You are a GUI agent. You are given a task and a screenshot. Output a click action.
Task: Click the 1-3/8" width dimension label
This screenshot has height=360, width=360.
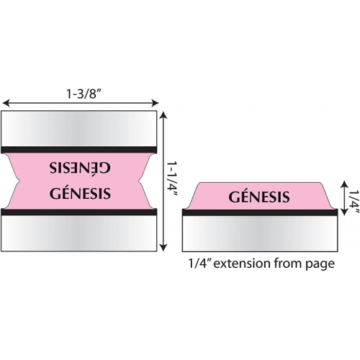point(83,94)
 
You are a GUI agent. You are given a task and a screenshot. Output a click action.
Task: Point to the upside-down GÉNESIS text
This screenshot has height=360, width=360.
point(80,168)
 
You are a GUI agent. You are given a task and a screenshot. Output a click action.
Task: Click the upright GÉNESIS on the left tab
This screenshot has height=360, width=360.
point(80,193)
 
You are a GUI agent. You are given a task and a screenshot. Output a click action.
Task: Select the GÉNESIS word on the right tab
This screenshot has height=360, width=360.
point(259,196)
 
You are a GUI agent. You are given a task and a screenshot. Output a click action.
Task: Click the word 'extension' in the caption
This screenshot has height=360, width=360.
point(242,264)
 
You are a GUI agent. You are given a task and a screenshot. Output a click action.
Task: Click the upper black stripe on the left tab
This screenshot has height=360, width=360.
point(78,150)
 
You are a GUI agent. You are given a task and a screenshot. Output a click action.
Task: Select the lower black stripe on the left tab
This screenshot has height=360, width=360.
point(78,212)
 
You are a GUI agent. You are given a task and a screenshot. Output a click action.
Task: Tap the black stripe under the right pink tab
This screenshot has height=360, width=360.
point(260,212)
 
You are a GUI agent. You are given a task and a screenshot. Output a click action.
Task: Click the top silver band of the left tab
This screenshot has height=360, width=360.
point(78,128)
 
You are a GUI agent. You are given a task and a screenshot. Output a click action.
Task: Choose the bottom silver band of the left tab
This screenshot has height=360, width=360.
point(78,233)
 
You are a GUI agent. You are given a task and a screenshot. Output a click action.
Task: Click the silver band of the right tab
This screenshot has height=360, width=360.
point(260,233)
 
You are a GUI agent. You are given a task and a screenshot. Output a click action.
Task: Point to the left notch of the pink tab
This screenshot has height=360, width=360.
point(19,181)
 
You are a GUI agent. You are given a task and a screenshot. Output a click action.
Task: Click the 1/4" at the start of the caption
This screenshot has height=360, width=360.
point(199,263)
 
